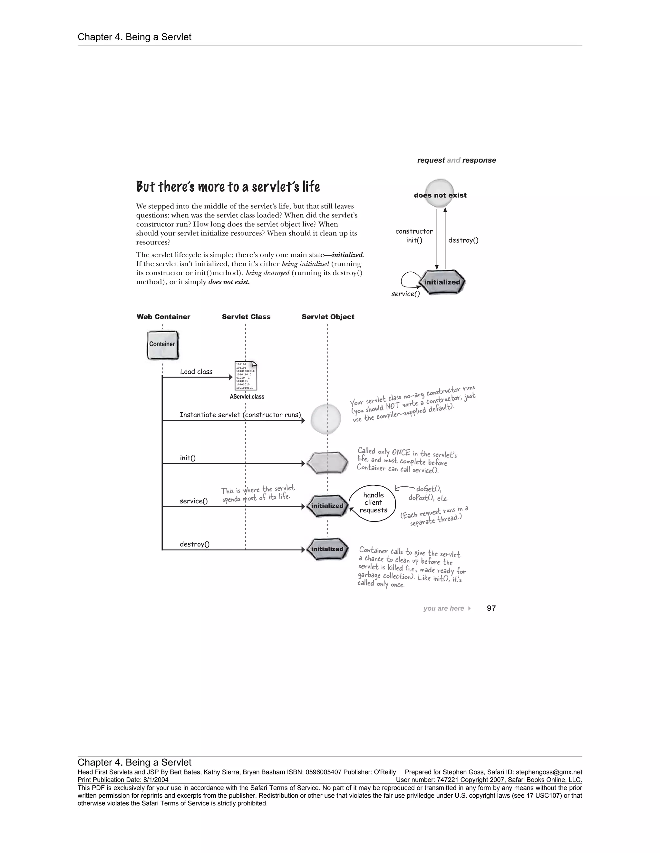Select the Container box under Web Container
point(163,345)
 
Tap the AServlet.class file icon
point(246,376)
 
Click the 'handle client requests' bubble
point(374,503)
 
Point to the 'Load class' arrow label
point(196,372)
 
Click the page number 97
point(491,608)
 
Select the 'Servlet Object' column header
point(328,317)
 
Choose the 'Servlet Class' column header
point(246,317)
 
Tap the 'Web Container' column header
point(163,317)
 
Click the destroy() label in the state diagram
point(463,240)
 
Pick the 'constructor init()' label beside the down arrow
point(414,236)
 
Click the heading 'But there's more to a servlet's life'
point(228,187)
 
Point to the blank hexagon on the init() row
point(327,463)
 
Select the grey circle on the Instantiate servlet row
point(326,419)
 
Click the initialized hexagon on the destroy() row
point(327,549)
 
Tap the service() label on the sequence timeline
point(194,501)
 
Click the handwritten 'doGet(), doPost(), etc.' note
point(428,493)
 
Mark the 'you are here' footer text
point(444,608)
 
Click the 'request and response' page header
point(456,160)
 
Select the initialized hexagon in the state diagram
point(442,282)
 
